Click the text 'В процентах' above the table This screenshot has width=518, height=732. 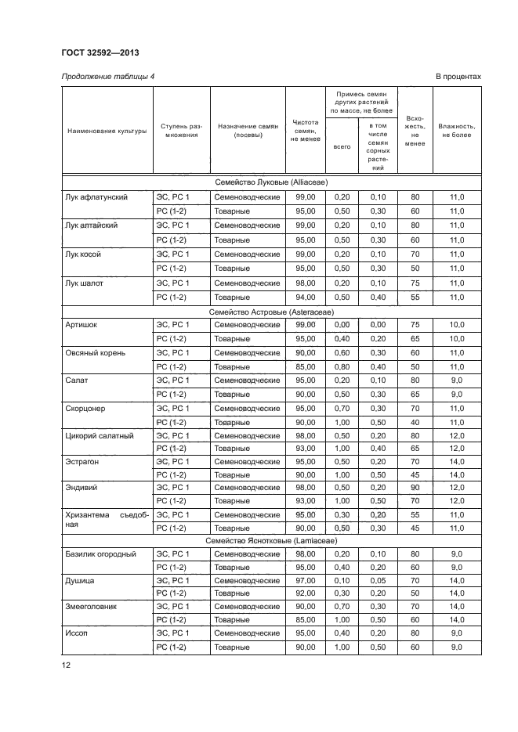[458, 76]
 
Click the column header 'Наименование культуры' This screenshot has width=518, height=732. [107, 130]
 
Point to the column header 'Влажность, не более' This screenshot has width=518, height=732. [456, 130]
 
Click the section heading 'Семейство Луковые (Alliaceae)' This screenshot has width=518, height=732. [271, 182]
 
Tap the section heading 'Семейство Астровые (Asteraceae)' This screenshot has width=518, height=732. [271, 311]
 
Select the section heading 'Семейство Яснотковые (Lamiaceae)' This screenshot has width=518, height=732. [271, 540]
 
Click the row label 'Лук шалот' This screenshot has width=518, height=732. [85, 283]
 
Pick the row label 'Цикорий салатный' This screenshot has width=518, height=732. [99, 435]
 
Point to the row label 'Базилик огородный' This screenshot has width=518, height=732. [100, 554]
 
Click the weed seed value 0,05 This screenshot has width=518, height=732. [378, 581]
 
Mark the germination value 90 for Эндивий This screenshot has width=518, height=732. [415, 487]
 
